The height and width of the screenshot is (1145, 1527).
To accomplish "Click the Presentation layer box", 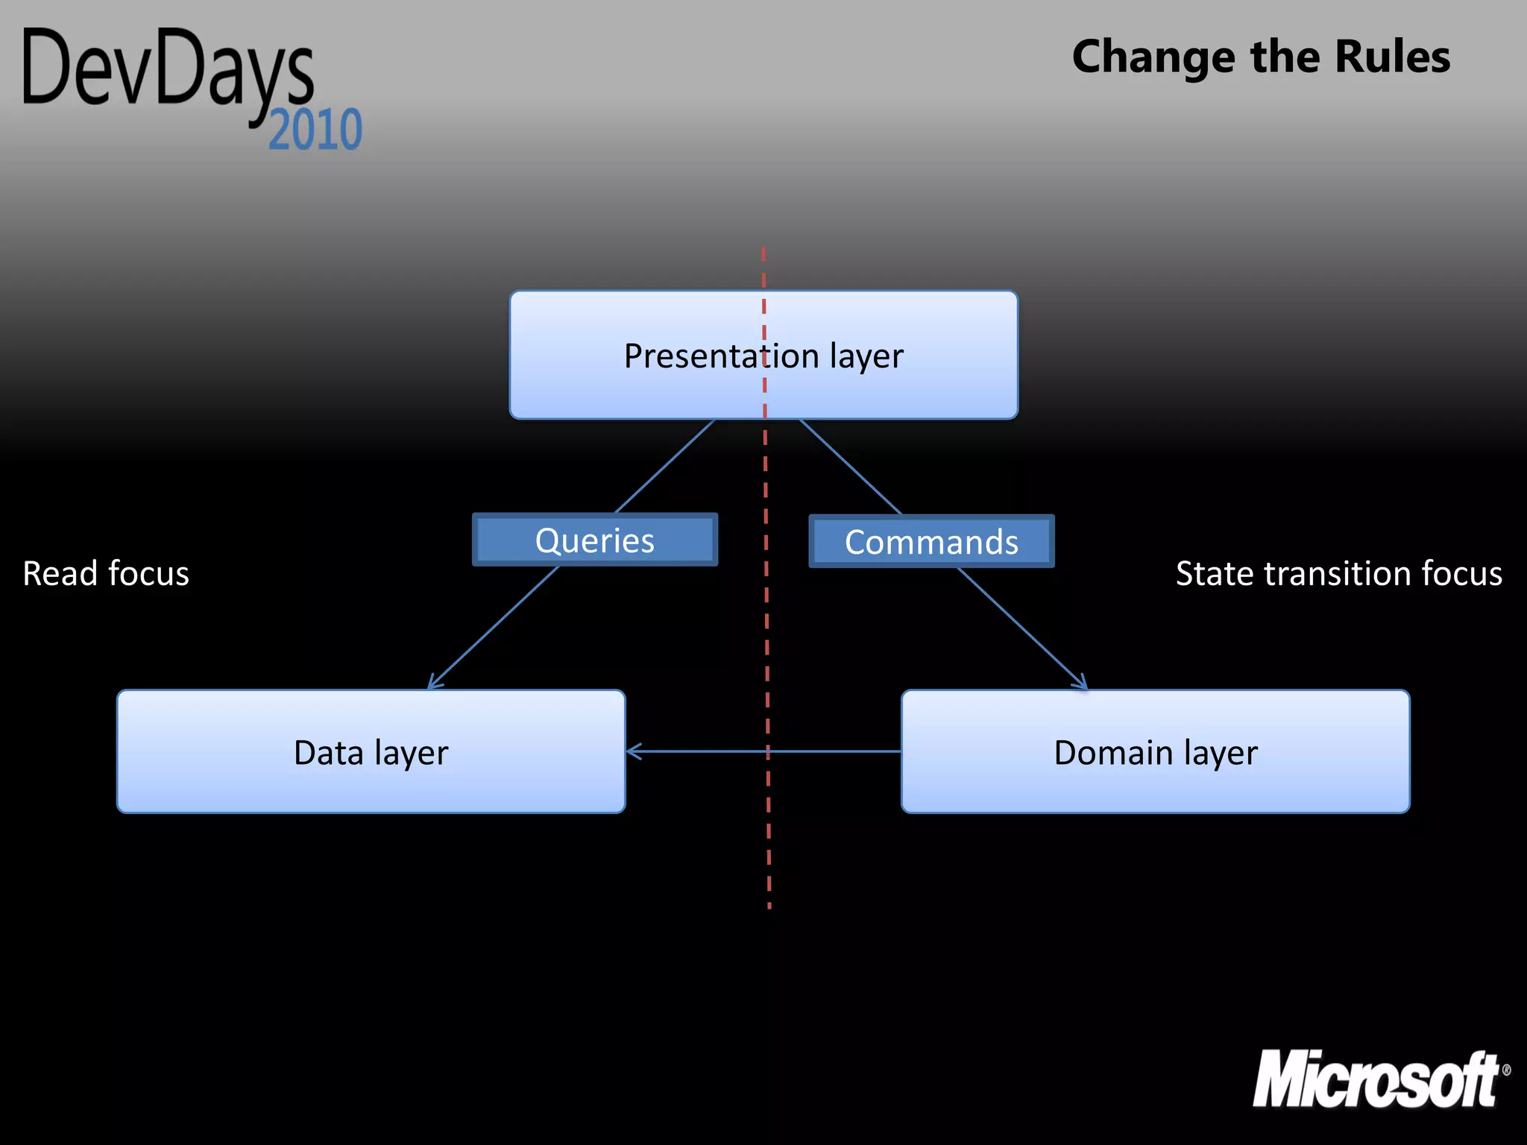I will pyautogui.click(x=763, y=355).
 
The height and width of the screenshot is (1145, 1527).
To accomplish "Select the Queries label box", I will pyautogui.click(x=594, y=540).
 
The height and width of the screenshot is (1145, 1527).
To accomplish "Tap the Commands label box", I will pyautogui.click(x=931, y=542).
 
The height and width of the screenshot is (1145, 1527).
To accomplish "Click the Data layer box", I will pyautogui.click(x=371, y=751).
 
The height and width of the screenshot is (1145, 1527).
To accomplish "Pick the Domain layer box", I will pyautogui.click(x=1155, y=751).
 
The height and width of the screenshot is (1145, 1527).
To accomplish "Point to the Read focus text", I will pyautogui.click(x=106, y=573).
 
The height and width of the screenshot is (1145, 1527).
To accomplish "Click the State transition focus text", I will pyautogui.click(x=1338, y=573).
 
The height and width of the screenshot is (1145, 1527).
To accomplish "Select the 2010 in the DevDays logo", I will pyautogui.click(x=315, y=130).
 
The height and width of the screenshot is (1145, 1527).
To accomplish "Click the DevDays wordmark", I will pyautogui.click(x=169, y=71).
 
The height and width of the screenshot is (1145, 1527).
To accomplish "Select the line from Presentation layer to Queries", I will pyautogui.click(x=665, y=466).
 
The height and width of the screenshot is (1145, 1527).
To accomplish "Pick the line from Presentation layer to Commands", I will pyautogui.click(x=850, y=466).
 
